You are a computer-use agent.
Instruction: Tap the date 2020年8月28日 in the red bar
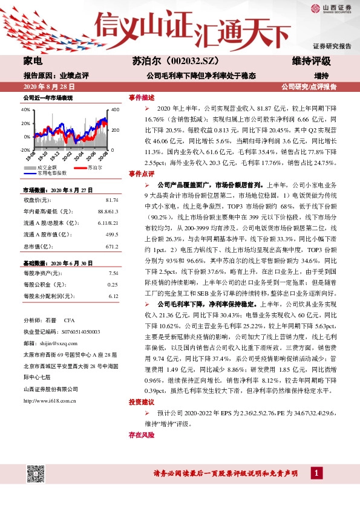tap(45, 87)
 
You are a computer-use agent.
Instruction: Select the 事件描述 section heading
tap(142, 97)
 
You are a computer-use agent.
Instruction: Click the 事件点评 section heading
tap(142, 173)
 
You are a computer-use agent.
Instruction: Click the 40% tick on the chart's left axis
tap(25, 110)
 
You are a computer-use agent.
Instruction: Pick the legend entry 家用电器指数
tap(51, 172)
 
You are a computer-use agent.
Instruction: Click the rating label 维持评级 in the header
tap(312, 61)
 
